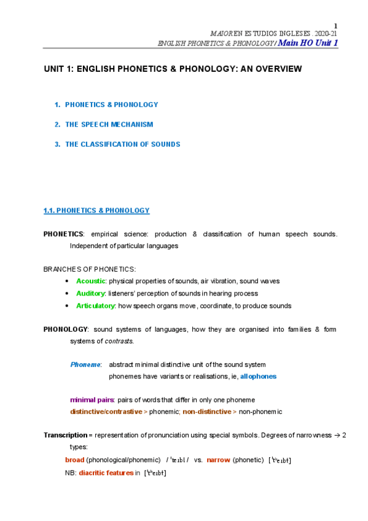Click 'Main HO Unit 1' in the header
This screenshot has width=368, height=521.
tap(308, 42)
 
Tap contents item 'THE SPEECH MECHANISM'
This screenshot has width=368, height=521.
tap(109, 124)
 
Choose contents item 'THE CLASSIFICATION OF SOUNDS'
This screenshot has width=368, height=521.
tap(122, 144)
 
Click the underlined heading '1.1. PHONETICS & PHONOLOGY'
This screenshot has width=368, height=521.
tap(96, 210)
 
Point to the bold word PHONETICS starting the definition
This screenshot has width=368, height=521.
tap(63, 234)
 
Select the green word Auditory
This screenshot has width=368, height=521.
tap(91, 293)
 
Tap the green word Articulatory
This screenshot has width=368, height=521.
tap(95, 306)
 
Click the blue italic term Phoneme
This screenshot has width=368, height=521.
tap(85, 364)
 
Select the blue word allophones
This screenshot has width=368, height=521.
tap(258, 376)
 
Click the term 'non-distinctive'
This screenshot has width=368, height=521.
tap(206, 412)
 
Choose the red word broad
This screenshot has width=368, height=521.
tap(74, 460)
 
